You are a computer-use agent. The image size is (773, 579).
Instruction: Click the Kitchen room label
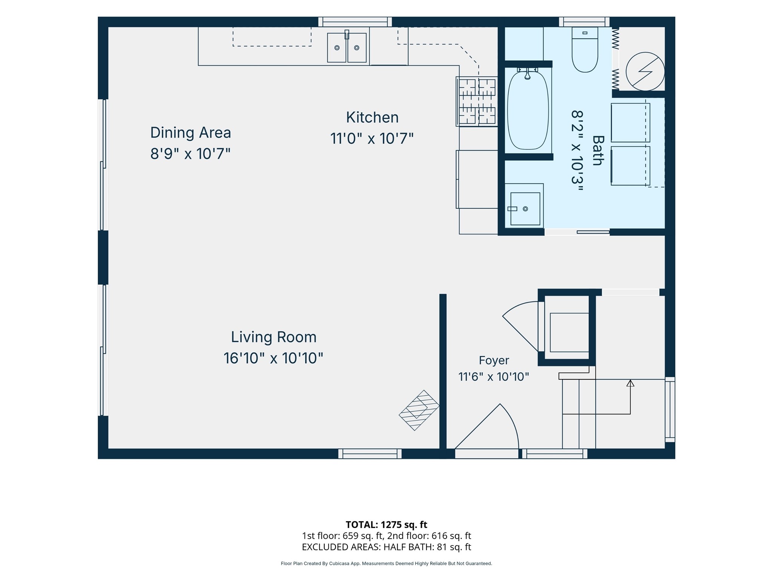(x=372, y=117)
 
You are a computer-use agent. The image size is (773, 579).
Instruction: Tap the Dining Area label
(x=191, y=132)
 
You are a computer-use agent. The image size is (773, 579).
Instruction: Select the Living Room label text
(x=274, y=337)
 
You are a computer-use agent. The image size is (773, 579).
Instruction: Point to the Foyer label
(x=494, y=360)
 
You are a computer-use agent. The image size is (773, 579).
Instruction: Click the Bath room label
(x=597, y=150)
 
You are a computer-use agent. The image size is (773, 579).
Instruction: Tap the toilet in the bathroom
(x=585, y=49)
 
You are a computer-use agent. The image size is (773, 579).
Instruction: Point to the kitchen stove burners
(x=477, y=101)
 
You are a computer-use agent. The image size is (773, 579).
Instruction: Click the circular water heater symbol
(x=645, y=71)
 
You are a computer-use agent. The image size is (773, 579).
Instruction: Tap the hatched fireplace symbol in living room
(x=419, y=410)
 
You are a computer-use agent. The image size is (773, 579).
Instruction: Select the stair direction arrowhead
(x=630, y=383)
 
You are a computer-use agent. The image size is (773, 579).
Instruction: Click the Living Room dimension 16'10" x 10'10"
(x=274, y=358)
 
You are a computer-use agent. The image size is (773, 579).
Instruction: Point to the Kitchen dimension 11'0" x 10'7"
(x=372, y=138)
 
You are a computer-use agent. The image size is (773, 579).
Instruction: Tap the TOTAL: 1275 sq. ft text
(x=386, y=525)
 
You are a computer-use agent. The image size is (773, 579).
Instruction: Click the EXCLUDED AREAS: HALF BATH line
(x=386, y=547)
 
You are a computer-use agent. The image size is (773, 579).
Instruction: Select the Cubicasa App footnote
(x=386, y=564)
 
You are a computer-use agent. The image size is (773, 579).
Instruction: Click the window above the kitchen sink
(x=355, y=22)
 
